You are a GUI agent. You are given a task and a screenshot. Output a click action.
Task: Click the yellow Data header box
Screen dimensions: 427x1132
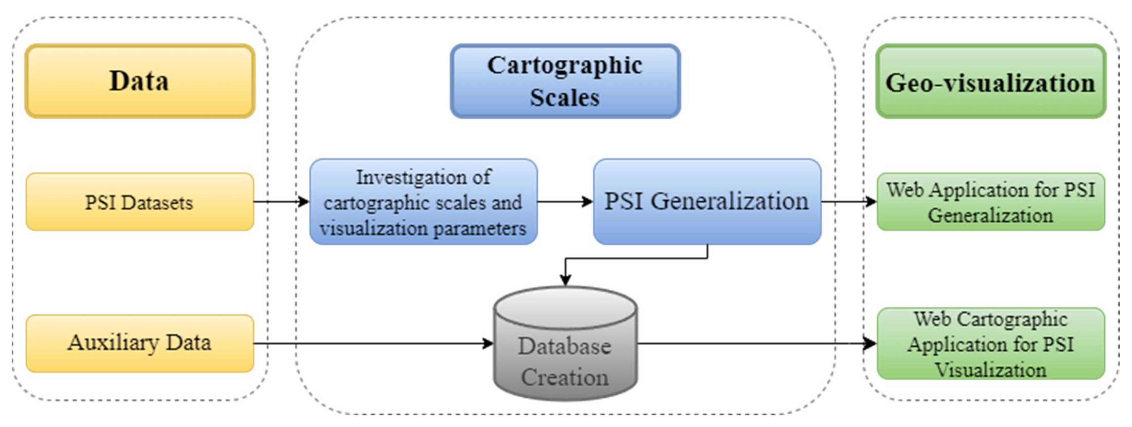click(140, 81)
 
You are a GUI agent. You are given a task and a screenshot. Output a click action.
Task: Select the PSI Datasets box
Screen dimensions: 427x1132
click(140, 202)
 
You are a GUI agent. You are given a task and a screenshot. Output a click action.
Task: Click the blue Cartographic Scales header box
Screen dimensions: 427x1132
click(565, 81)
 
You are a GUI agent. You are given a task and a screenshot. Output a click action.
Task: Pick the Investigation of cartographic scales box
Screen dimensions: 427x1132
click(423, 202)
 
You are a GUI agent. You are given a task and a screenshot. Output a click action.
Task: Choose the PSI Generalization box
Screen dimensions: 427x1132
click(707, 202)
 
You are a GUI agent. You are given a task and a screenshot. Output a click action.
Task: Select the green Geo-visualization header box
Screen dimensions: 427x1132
click(990, 81)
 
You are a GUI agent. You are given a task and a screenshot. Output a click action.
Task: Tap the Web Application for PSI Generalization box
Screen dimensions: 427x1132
click(990, 202)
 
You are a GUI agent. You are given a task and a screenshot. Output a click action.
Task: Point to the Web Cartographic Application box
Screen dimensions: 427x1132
click(990, 343)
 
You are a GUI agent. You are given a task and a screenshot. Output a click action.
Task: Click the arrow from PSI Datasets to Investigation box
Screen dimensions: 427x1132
click(281, 202)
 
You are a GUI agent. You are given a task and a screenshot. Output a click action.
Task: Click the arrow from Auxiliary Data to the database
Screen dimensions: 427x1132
click(373, 343)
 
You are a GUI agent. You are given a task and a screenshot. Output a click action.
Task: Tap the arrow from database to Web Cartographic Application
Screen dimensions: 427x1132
click(756, 343)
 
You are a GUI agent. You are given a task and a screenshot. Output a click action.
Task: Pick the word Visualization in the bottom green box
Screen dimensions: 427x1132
click(990, 370)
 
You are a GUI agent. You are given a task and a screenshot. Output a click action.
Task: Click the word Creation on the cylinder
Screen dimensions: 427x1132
click(565, 377)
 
